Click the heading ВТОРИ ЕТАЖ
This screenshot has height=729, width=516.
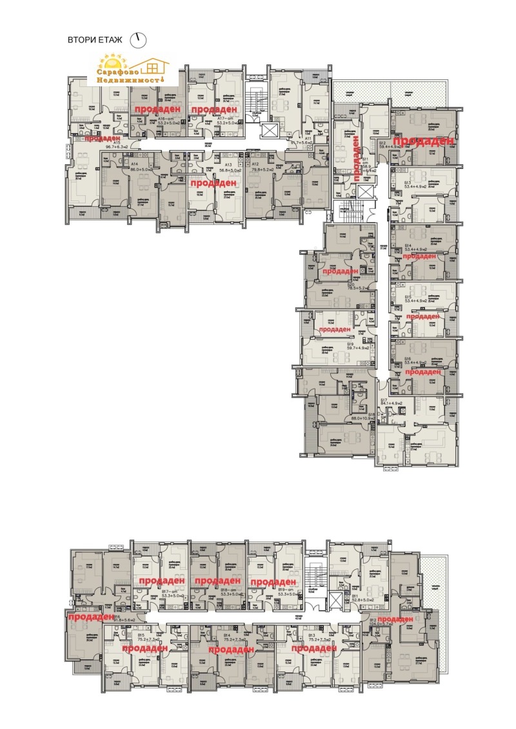[97, 40]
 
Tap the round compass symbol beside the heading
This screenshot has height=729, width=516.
[138, 39]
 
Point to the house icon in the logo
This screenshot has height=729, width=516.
[152, 65]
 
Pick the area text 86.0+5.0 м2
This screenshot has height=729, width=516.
[141, 169]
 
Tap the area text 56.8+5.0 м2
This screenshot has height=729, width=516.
[229, 169]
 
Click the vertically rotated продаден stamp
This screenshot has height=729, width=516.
[357, 159]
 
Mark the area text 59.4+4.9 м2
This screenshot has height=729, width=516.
[390, 148]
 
